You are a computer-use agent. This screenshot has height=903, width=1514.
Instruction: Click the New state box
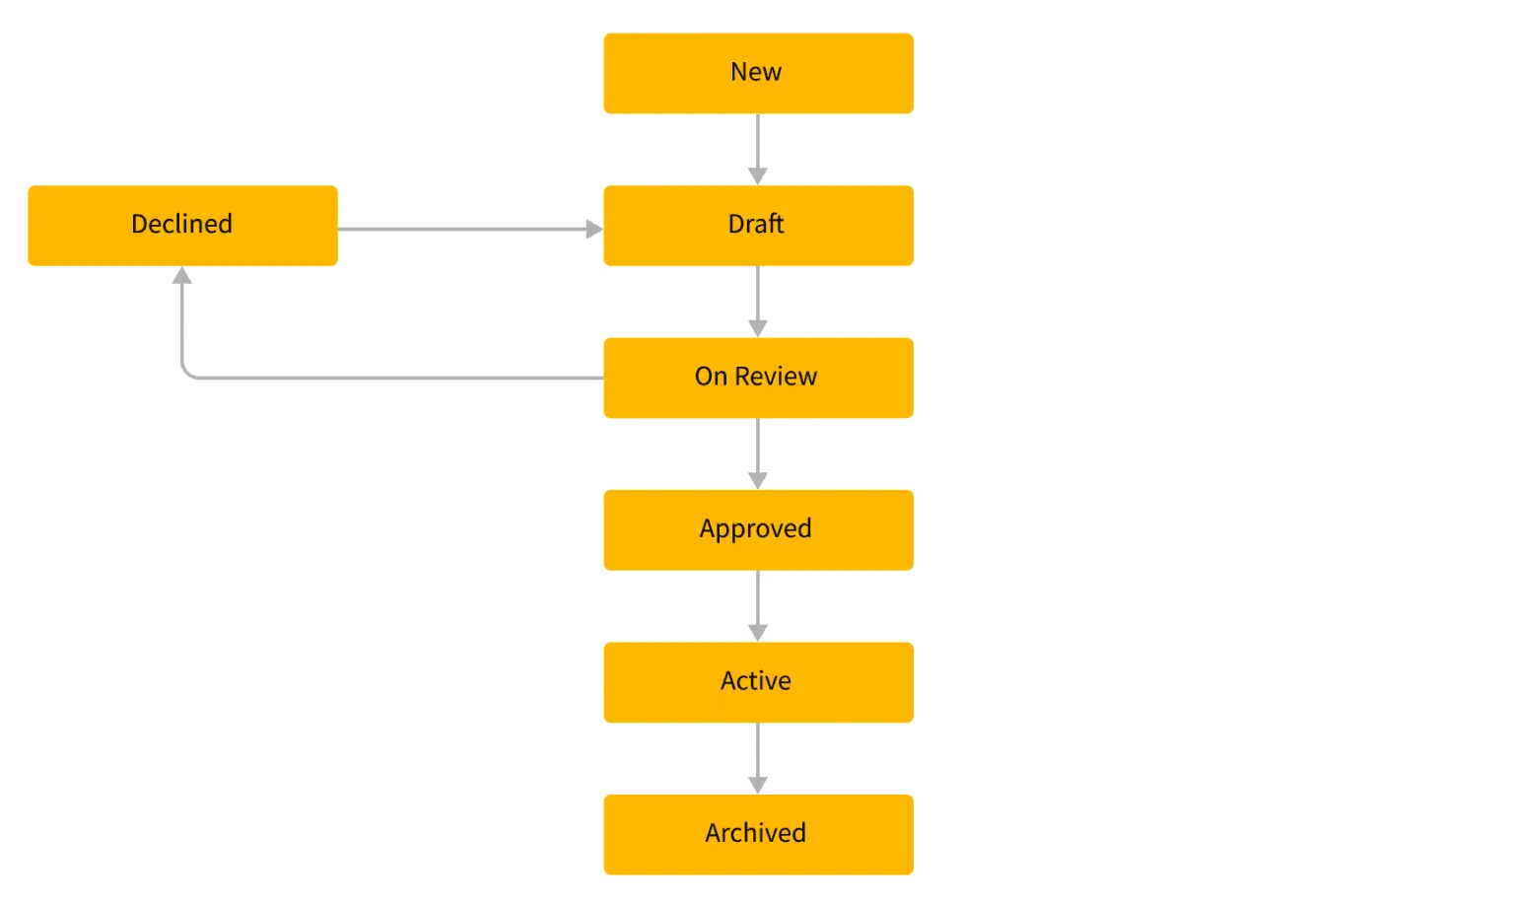tap(758, 73)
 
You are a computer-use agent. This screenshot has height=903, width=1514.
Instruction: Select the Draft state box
tap(758, 225)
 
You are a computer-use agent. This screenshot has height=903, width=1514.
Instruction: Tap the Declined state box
tap(182, 225)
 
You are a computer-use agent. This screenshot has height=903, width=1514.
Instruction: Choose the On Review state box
tap(758, 378)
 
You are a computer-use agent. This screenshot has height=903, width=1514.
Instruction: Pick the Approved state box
tap(758, 529)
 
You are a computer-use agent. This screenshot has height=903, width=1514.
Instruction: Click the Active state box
tap(758, 682)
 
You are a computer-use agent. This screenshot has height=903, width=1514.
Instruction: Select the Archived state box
tap(758, 834)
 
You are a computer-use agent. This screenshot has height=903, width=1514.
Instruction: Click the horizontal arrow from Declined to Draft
tap(463, 229)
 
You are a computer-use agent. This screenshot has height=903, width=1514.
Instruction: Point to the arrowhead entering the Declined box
tap(182, 276)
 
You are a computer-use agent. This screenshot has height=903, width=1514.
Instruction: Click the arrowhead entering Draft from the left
tap(593, 229)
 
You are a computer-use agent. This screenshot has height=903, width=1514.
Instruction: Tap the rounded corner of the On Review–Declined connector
tap(186, 374)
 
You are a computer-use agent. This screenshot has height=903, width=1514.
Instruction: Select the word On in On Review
tap(711, 377)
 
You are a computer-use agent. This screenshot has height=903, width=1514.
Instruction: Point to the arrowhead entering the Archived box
tap(757, 785)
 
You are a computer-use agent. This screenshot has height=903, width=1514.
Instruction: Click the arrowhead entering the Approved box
tap(757, 480)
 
